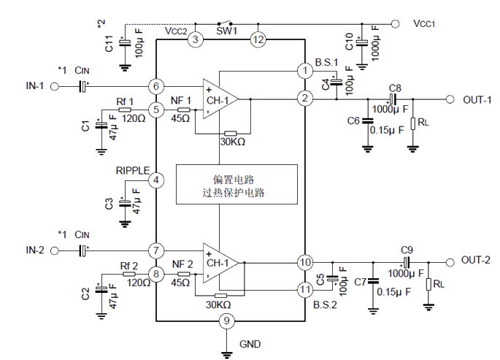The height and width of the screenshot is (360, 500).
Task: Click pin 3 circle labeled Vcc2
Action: coord(195,40)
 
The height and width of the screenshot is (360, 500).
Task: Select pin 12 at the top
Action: coord(256,40)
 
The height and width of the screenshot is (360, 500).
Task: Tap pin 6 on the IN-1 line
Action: coord(155,86)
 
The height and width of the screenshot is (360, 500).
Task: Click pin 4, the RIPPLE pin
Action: coord(155,180)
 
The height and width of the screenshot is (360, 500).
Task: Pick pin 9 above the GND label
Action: coord(227,320)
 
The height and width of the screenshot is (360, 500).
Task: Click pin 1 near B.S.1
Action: coord(304,70)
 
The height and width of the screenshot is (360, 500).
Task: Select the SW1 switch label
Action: coord(227,31)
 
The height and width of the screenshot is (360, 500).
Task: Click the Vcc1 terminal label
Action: coord(424,23)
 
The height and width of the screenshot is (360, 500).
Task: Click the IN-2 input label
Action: coord(36,250)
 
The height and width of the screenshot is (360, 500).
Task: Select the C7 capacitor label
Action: coord(360,281)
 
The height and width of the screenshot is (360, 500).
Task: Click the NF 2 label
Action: coord(182,264)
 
